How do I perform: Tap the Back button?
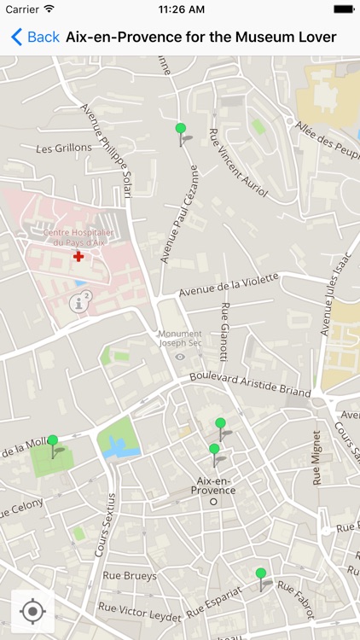coord(35,37)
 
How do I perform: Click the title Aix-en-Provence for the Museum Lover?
coord(200,37)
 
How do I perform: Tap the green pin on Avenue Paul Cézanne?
coord(180,130)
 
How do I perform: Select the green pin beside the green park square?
coord(53,442)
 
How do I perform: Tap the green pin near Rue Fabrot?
coord(261,574)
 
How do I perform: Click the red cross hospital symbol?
coord(78,256)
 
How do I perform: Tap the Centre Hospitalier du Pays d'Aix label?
coord(78,237)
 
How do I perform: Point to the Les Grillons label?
coord(64,148)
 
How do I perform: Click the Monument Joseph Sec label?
coord(180,338)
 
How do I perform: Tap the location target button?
coord(32,611)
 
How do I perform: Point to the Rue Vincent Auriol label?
coord(239,163)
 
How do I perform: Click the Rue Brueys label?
coord(130,576)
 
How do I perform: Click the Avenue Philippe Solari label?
coord(106,150)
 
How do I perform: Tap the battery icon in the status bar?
coord(343,9)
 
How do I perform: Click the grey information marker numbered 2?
coord(83,300)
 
